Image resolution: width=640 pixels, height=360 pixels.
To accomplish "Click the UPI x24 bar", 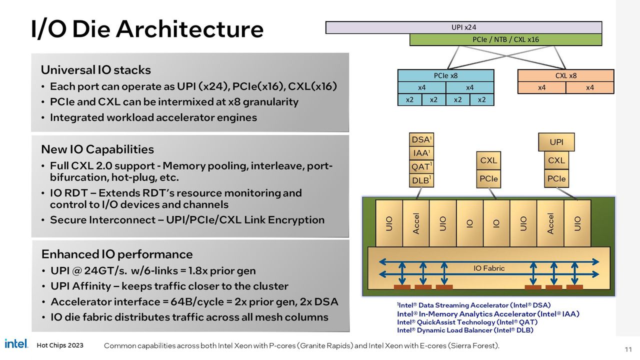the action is pyautogui.click(x=463, y=27).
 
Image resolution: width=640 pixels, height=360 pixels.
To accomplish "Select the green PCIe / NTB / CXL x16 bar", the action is pyautogui.click(x=505, y=39).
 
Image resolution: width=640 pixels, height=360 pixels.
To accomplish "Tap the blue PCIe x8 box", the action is pyautogui.click(x=445, y=75).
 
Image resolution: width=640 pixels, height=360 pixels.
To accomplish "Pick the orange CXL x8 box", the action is pyautogui.click(x=565, y=75).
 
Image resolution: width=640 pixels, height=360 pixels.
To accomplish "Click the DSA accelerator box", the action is pyautogui.click(x=421, y=139).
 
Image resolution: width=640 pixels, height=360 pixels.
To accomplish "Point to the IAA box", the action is pyautogui.click(x=421, y=153).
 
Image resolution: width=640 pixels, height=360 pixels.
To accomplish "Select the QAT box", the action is pyautogui.click(x=421, y=166).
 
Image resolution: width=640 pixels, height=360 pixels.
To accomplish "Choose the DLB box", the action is pyautogui.click(x=421, y=180).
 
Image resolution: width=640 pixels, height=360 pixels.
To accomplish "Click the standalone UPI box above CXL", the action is pyautogui.click(x=556, y=142).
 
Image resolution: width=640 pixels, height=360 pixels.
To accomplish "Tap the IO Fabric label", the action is pyautogui.click(x=489, y=268).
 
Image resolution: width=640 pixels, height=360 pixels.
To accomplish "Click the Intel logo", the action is pyautogui.click(x=16, y=343).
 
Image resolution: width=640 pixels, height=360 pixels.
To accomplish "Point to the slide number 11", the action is pyautogui.click(x=628, y=349).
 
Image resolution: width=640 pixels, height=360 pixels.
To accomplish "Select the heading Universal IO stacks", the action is pyautogui.click(x=95, y=70).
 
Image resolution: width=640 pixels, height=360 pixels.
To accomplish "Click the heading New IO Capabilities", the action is pyautogui.click(x=97, y=149).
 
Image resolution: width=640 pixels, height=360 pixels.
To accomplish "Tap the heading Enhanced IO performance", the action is pyautogui.click(x=117, y=254).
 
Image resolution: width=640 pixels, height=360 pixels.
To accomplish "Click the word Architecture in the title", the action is pyautogui.click(x=189, y=29).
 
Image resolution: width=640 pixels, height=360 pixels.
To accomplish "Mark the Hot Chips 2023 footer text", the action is pyautogui.click(x=60, y=345).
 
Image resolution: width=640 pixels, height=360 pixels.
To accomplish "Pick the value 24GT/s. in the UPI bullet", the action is pyautogui.click(x=105, y=270).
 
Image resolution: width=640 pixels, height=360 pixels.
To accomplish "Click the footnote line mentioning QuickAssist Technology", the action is pyautogui.click(x=467, y=322).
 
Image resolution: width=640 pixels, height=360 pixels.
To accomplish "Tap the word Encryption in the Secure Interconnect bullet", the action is pyautogui.click(x=296, y=220).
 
